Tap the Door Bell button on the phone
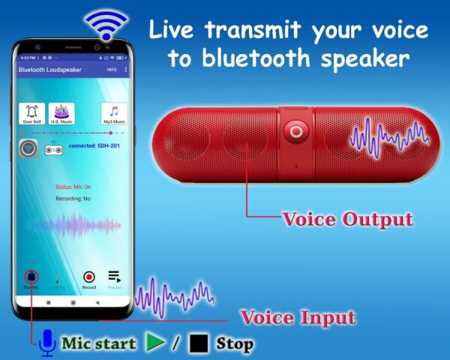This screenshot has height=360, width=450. click(32, 114)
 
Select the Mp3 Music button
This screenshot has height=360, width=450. click(113, 114)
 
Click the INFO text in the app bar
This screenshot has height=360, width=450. click(112, 70)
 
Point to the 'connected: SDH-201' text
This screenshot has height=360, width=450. click(94, 145)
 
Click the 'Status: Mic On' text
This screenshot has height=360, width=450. click(73, 186)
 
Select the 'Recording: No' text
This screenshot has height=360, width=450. click(73, 199)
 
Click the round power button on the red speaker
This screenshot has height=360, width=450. click(295, 132)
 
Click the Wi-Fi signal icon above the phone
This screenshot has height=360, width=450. click(106, 25)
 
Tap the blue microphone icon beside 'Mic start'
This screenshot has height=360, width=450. click(46, 343)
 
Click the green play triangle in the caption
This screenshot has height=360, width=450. click(155, 343)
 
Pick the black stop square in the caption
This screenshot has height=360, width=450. click(199, 344)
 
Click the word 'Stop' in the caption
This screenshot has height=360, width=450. click(234, 344)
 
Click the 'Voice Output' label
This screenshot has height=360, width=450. click(346, 220)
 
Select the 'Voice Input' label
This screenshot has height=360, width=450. click(297, 316)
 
